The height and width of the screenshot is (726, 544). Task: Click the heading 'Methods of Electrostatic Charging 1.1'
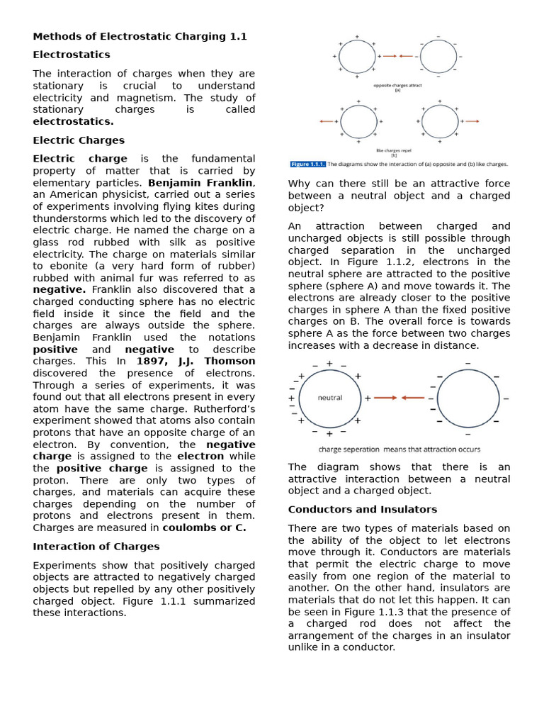point(140,36)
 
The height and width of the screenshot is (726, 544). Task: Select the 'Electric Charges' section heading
point(79,140)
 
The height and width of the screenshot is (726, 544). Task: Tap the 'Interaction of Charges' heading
point(96,547)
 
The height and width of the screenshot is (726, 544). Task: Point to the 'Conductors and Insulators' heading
point(363,510)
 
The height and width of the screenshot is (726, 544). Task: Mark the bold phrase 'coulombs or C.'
point(205,528)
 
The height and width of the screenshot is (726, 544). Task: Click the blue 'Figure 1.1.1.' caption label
point(307,164)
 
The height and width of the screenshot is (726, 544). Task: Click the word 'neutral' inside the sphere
point(330,398)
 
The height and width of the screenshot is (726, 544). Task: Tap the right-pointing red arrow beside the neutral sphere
point(385,398)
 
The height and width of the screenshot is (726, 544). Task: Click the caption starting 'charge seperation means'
point(399,449)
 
